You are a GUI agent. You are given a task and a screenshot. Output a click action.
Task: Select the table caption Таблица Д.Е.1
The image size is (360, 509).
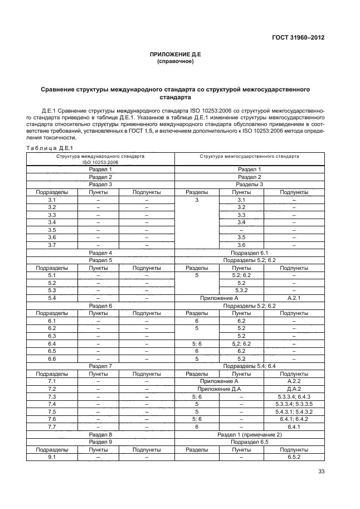pyautogui.click(x=49, y=148)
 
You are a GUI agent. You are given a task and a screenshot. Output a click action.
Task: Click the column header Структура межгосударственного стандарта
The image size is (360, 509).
pyautogui.click(x=250, y=157)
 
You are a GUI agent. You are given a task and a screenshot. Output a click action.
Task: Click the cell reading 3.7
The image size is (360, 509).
pyautogui.click(x=52, y=245)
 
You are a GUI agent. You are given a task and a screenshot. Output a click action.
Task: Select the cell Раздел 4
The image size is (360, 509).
pyautogui.click(x=101, y=253)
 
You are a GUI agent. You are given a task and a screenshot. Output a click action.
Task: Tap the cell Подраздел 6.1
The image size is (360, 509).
pyautogui.click(x=250, y=253)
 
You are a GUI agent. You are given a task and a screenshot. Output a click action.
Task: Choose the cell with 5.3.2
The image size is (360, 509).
pyautogui.click(x=241, y=290)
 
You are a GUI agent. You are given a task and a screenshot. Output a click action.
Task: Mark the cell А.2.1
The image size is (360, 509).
pyautogui.click(x=294, y=298)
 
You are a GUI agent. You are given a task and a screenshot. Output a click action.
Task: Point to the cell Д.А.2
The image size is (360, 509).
pyautogui.click(x=294, y=389)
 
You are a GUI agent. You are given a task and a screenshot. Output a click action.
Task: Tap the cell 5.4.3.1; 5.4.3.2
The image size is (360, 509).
pyautogui.click(x=294, y=411)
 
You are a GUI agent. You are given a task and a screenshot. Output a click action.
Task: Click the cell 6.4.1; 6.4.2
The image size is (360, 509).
pyautogui.click(x=294, y=419)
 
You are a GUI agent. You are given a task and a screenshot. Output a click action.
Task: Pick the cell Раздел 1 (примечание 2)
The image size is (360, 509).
pyautogui.click(x=250, y=434)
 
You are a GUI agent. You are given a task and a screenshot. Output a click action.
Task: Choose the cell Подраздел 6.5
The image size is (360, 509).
pyautogui.click(x=250, y=441)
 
